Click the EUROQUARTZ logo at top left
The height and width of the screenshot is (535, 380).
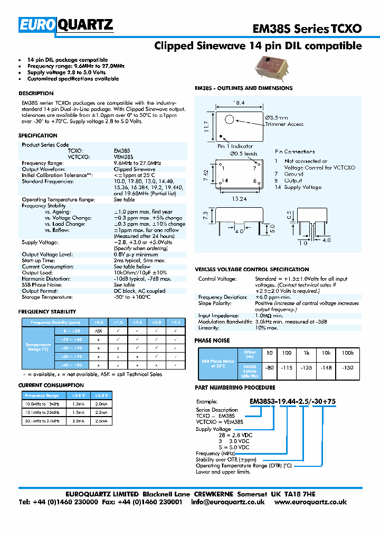point(66,25)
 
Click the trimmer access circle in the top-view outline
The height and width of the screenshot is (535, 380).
point(230,119)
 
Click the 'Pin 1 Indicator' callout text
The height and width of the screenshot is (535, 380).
point(235,146)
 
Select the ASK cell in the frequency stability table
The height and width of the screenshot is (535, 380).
point(98,330)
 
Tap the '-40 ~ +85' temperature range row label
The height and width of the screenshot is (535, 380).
point(71,365)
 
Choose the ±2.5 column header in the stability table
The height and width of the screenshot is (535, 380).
point(176,322)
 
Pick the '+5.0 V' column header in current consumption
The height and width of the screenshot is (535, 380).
point(100,395)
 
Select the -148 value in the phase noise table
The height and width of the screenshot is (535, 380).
point(327,368)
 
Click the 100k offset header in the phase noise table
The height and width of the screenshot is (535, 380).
point(348,353)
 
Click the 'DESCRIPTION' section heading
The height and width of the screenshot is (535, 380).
point(36,94)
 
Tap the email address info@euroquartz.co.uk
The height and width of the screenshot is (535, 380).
point(228,502)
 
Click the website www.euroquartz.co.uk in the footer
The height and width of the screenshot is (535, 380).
point(310,502)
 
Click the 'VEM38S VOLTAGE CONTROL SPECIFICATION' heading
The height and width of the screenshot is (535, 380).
point(252,270)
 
